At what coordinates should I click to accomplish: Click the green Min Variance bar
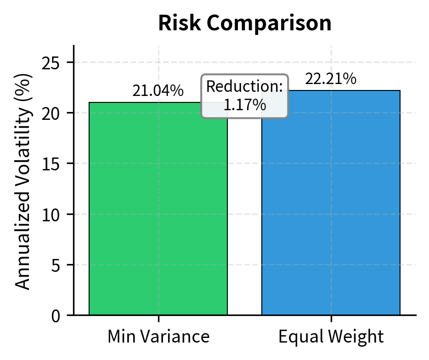(x=158, y=209)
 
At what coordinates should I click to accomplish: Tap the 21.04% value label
(x=158, y=91)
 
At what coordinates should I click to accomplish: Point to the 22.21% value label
(x=331, y=79)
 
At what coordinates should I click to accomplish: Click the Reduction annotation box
(x=245, y=96)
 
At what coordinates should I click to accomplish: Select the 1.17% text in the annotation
(x=245, y=105)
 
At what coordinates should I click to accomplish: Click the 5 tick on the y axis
(x=56, y=265)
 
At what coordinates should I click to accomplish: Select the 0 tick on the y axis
(x=56, y=316)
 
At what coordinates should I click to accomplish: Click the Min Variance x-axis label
(x=158, y=337)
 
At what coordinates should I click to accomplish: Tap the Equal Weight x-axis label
(x=331, y=337)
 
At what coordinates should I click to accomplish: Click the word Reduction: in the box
(x=245, y=87)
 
